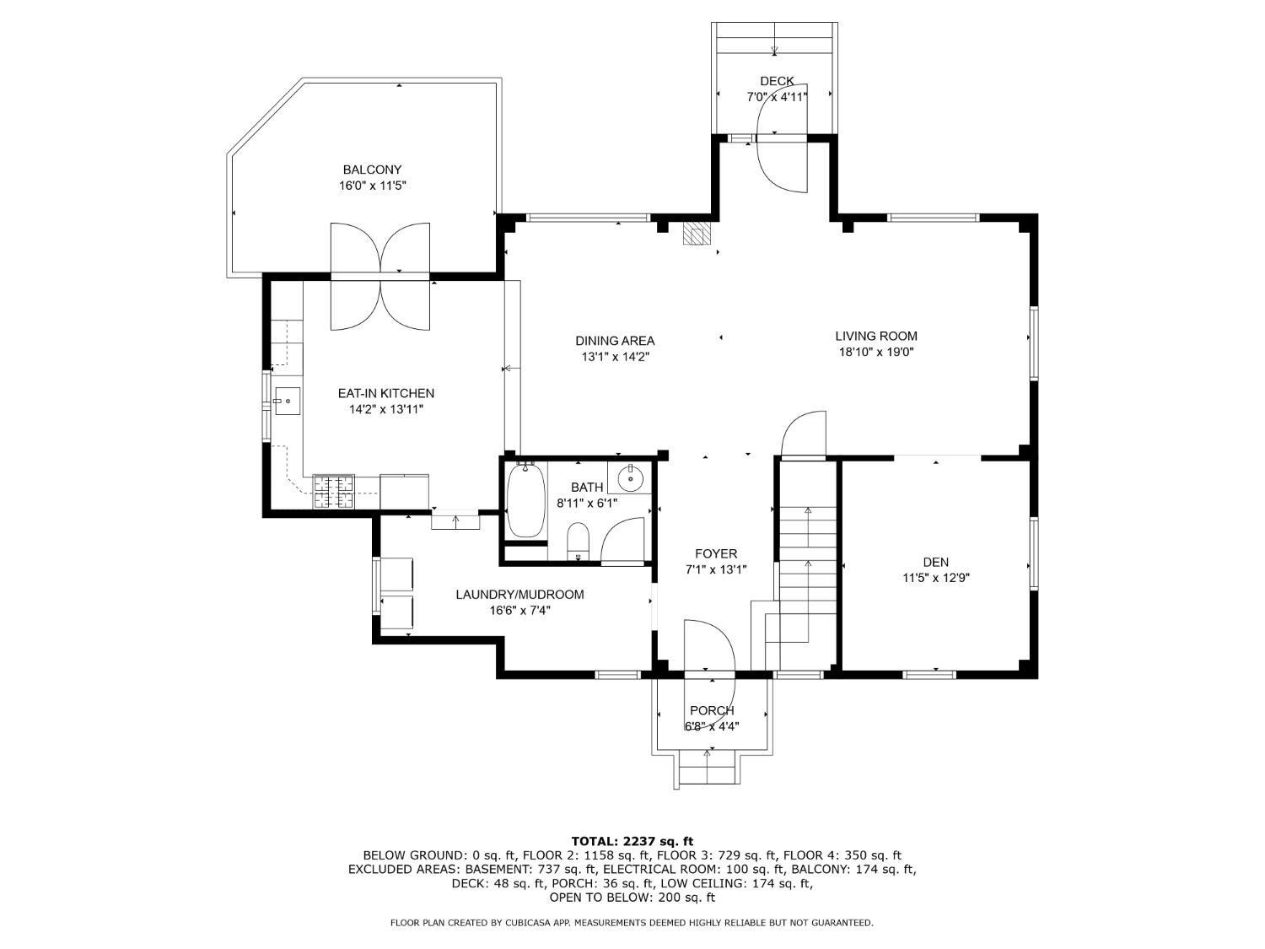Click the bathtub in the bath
[x=525, y=499]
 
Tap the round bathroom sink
[x=631, y=477]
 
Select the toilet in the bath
[x=578, y=541]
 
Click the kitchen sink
[x=287, y=401]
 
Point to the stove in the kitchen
[x=334, y=491]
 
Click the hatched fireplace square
[x=697, y=234]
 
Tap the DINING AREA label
[x=615, y=341]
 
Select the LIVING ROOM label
[x=876, y=336]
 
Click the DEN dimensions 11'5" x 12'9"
[x=936, y=578]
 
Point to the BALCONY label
[x=372, y=170]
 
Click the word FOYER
[x=716, y=553]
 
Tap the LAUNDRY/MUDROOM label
[x=519, y=594]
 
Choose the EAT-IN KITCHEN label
[x=386, y=393]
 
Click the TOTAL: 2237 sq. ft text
[x=632, y=842]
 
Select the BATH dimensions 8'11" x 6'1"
[x=587, y=503]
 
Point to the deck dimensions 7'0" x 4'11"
[x=777, y=97]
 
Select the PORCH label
[x=713, y=710]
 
